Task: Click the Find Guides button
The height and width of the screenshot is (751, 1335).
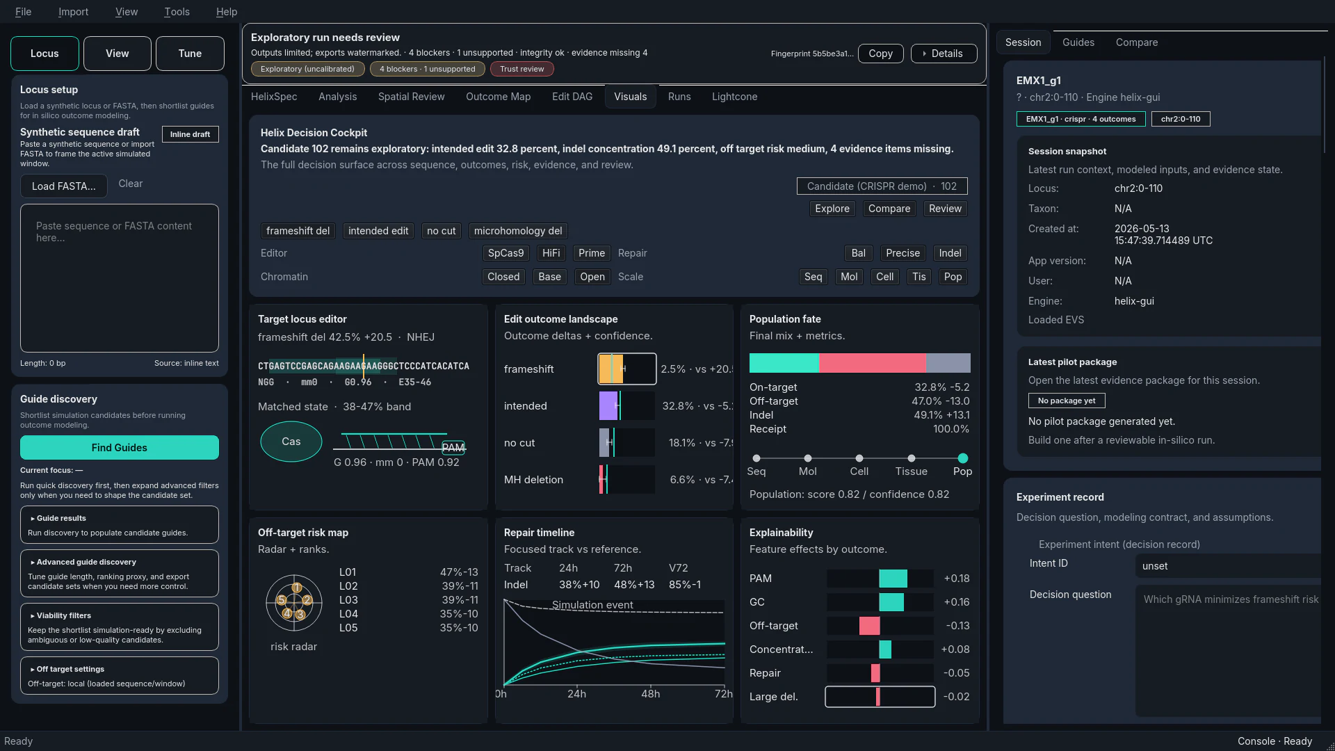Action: pos(119,447)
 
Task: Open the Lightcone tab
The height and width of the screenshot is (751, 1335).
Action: pos(734,97)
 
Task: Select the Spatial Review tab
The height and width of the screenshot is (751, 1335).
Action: pos(411,97)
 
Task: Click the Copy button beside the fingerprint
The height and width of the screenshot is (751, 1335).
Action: pos(880,54)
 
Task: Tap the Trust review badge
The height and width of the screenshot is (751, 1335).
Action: pos(521,69)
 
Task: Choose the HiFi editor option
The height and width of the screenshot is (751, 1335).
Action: pos(551,253)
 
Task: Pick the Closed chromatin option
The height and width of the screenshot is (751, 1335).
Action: pos(503,277)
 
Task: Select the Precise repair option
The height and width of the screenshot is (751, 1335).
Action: pos(903,253)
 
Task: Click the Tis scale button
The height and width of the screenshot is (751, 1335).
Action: pos(919,277)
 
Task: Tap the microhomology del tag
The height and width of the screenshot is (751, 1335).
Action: pos(518,231)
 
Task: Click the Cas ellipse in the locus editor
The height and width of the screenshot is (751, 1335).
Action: pos(291,442)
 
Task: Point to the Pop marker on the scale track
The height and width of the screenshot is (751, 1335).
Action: pos(962,458)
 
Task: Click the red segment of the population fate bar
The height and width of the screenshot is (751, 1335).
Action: pos(872,363)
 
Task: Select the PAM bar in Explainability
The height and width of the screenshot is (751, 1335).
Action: pos(893,579)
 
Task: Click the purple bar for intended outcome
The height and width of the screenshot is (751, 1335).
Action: pos(608,406)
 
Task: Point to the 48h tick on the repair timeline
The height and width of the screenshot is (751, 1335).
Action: pos(650,693)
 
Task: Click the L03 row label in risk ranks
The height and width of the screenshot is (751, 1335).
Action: pos(348,600)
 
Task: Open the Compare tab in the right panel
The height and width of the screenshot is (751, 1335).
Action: pos(1136,42)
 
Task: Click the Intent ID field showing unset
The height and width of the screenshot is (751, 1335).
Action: pos(1227,566)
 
